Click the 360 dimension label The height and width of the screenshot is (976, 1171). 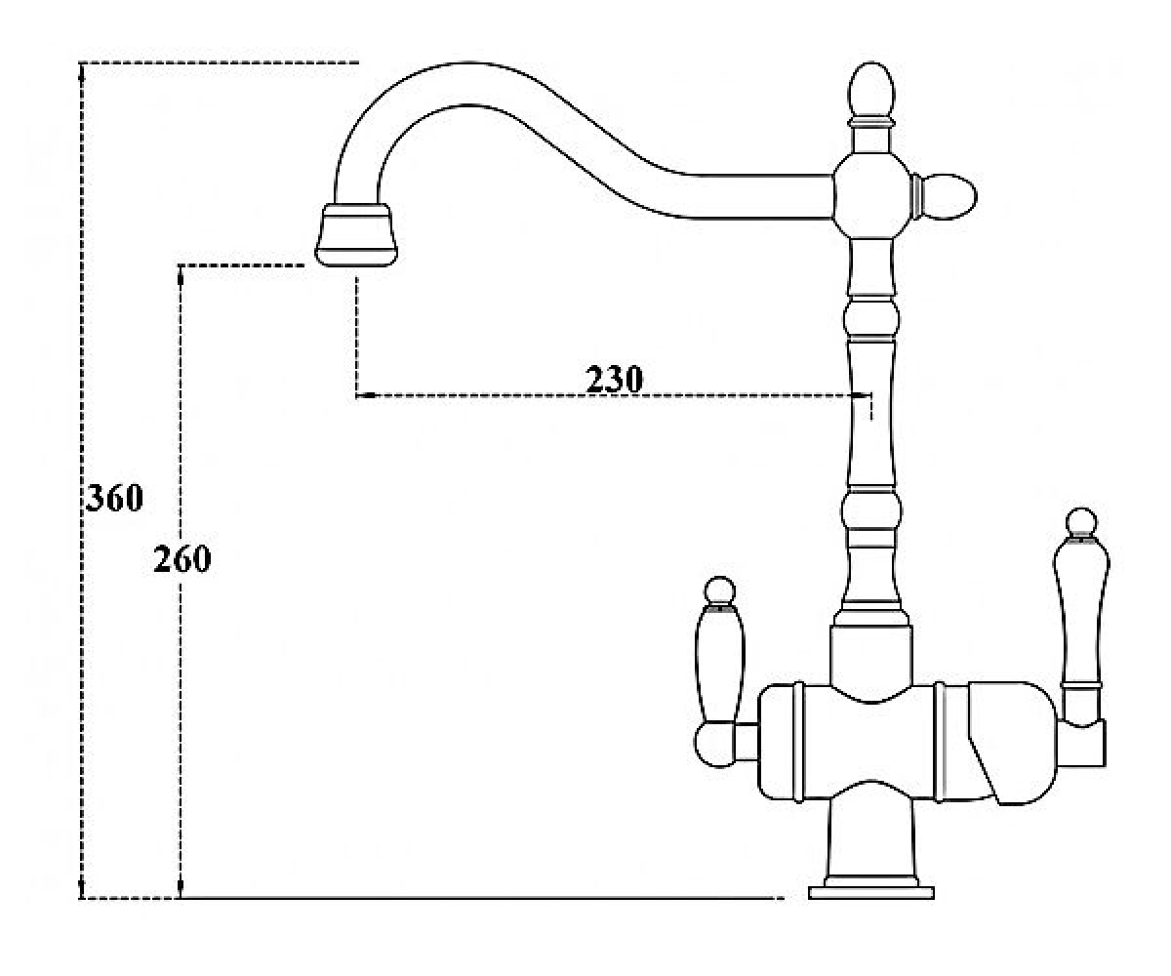click(x=114, y=498)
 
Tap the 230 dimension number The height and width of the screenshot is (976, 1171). click(x=614, y=380)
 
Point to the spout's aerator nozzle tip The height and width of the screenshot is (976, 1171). click(x=356, y=235)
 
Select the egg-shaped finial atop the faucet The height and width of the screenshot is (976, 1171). click(x=871, y=91)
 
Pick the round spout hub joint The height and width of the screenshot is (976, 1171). click(x=871, y=196)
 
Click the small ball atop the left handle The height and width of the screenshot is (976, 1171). click(x=720, y=591)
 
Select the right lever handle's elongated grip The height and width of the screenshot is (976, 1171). click(x=1081, y=610)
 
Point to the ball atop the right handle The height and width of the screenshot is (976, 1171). click(x=1081, y=522)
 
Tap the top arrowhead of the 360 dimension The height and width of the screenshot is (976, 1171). click(x=82, y=71)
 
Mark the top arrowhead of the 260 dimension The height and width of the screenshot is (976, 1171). click(x=180, y=273)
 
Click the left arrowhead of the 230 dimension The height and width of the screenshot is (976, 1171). click(x=366, y=395)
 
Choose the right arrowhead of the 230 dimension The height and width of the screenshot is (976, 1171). click(x=862, y=395)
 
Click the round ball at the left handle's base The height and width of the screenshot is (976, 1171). click(x=714, y=746)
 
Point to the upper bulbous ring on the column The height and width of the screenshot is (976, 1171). click(x=871, y=318)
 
